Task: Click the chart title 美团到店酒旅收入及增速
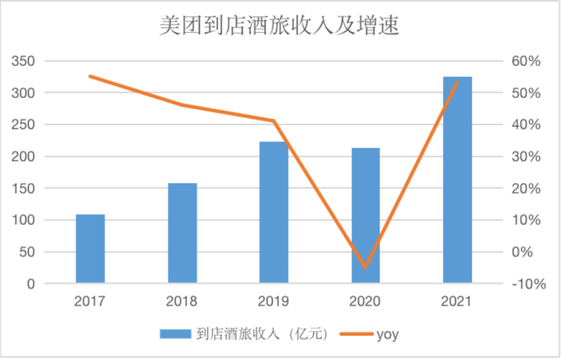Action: (x=281, y=27)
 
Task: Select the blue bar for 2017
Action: (x=91, y=249)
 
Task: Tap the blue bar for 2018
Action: (x=182, y=233)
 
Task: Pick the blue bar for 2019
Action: (x=274, y=213)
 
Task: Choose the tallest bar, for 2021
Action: (x=457, y=180)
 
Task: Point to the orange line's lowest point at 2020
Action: (x=366, y=267)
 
